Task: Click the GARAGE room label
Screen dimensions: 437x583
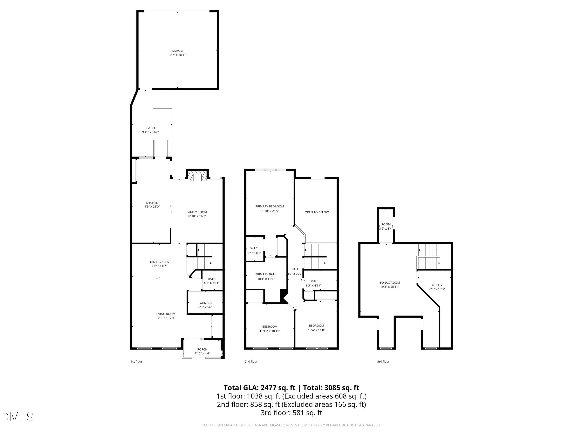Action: (x=177, y=51)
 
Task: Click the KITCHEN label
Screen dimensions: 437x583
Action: (x=152, y=203)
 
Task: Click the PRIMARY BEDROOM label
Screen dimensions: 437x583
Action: (x=269, y=206)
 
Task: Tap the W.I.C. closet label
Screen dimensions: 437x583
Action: (x=254, y=248)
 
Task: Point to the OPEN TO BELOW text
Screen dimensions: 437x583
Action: (x=317, y=212)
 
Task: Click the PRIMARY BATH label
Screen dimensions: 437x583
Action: (x=266, y=274)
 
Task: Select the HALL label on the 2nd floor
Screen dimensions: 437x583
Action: (x=295, y=269)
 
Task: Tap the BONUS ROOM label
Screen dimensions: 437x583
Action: (x=390, y=283)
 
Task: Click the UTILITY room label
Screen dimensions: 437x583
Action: (x=437, y=285)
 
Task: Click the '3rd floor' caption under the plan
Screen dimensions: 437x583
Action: (x=383, y=361)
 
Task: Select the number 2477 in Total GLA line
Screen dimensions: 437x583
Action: (x=268, y=388)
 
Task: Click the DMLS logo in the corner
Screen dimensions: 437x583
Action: (x=17, y=417)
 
